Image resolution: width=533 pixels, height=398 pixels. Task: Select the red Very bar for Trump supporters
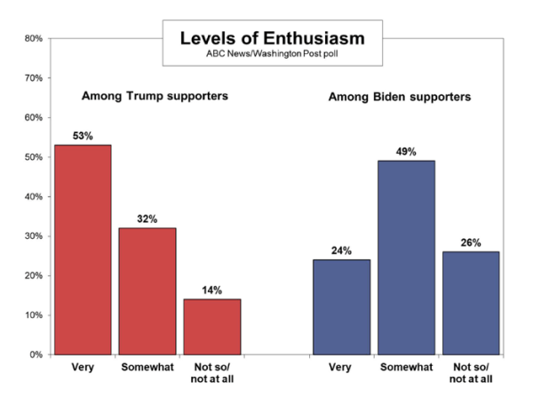pyautogui.click(x=83, y=250)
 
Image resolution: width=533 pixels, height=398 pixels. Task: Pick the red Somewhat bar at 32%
pyautogui.click(x=147, y=291)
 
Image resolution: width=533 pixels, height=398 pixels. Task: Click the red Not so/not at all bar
pyautogui.click(x=211, y=326)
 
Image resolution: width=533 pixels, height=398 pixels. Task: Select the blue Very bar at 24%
pyautogui.click(x=341, y=306)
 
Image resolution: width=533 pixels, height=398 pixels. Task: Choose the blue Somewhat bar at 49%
pyautogui.click(x=406, y=258)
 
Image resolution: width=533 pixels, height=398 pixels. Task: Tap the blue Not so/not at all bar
pyautogui.click(x=471, y=303)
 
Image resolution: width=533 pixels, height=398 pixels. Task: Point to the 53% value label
pyautogui.click(x=83, y=136)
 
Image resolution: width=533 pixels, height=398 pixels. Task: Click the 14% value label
pyautogui.click(x=211, y=291)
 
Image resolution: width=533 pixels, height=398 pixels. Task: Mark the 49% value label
pyautogui.click(x=406, y=152)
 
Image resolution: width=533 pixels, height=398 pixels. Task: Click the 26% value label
pyautogui.click(x=471, y=243)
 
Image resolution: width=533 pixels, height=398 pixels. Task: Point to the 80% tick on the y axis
pyautogui.click(x=33, y=38)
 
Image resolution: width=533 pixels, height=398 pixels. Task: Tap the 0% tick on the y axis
pyautogui.click(x=36, y=354)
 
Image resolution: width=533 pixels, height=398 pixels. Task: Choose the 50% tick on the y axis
pyautogui.click(x=33, y=157)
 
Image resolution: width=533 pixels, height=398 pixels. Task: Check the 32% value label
pyautogui.click(x=147, y=219)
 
